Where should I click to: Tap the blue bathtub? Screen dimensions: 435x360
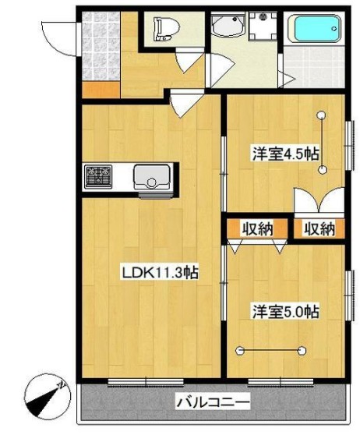click(x=316, y=32)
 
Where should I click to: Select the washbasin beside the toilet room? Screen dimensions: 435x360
click(x=228, y=29)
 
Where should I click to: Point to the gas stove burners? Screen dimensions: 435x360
click(x=99, y=176)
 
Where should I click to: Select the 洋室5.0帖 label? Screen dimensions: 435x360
click(x=284, y=311)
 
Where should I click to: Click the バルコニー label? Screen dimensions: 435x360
click(x=212, y=403)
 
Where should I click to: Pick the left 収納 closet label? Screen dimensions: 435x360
click(x=256, y=228)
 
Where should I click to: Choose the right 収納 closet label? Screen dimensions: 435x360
click(x=319, y=228)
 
